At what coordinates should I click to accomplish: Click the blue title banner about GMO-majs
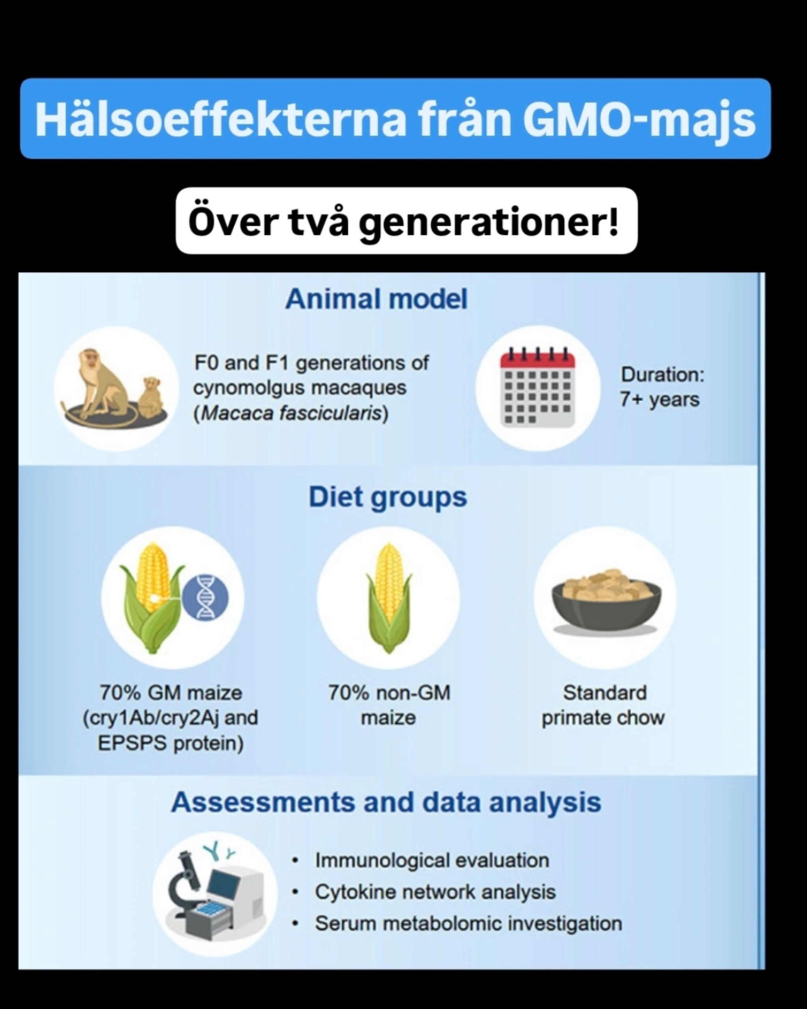click(395, 118)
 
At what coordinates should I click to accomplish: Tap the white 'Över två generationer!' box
click(406, 221)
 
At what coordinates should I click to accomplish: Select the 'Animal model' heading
click(376, 299)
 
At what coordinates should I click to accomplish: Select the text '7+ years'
click(660, 400)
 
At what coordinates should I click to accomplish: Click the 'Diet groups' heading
click(388, 497)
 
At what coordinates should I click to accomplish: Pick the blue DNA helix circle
click(205, 598)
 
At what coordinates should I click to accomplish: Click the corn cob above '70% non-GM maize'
click(389, 598)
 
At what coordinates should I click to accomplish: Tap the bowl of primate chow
click(606, 601)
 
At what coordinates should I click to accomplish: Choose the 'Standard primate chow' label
click(604, 705)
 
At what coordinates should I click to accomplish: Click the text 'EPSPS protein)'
click(170, 743)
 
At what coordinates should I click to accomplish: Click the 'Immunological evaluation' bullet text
click(432, 860)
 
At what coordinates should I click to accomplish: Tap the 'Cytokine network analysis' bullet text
click(435, 892)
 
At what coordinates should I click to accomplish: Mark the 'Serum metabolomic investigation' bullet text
click(468, 923)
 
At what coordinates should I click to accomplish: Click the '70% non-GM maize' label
click(389, 705)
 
